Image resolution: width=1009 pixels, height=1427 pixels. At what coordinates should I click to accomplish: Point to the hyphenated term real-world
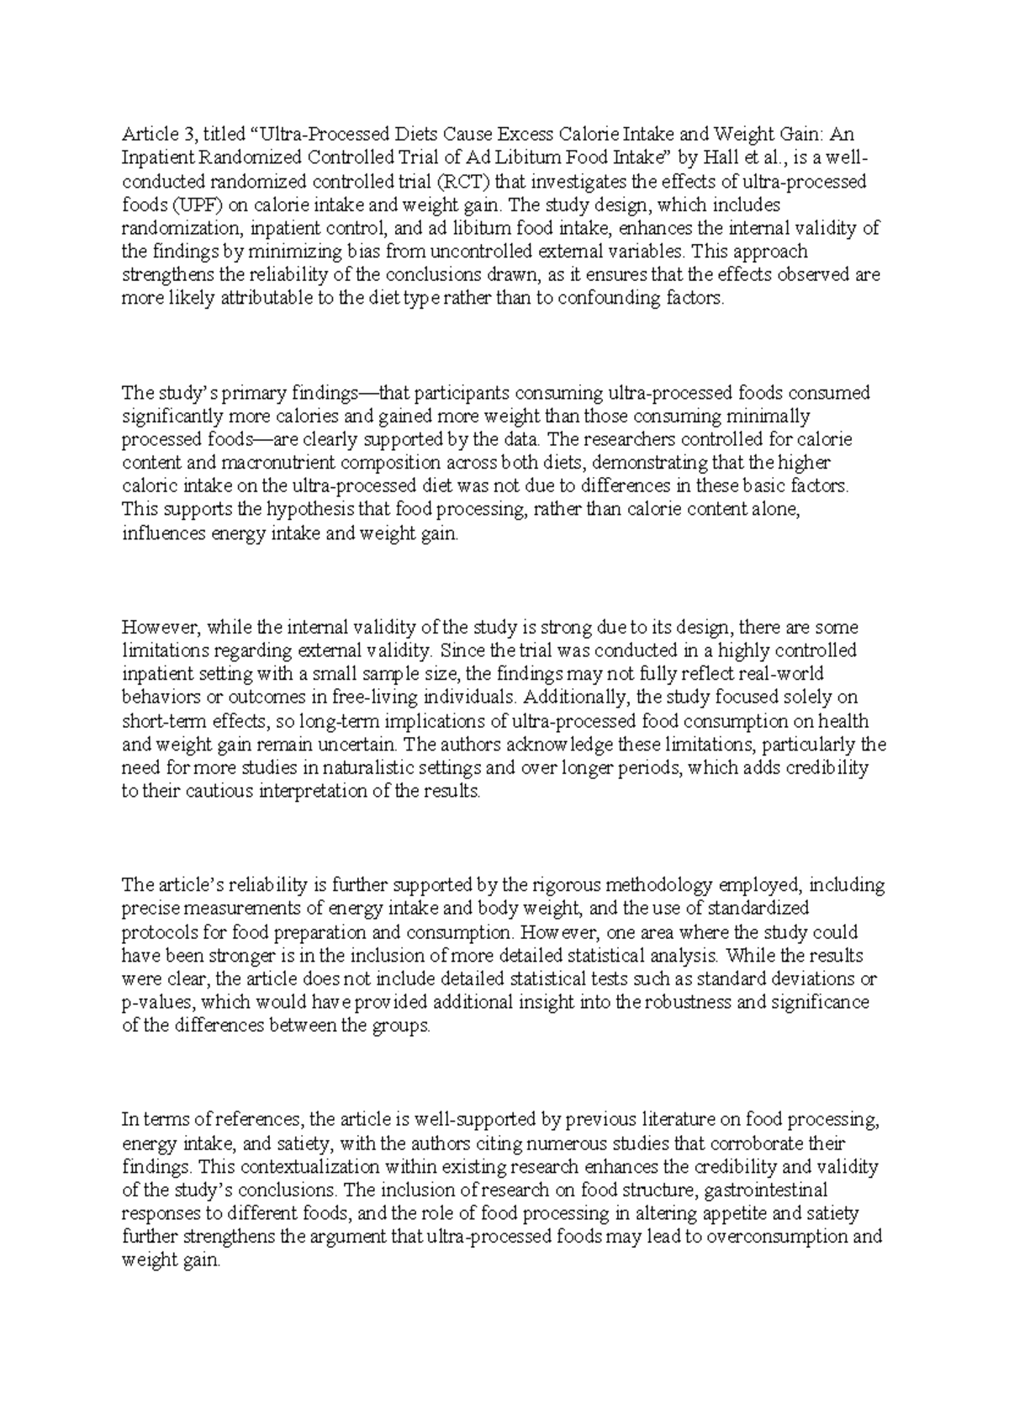pos(779,674)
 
